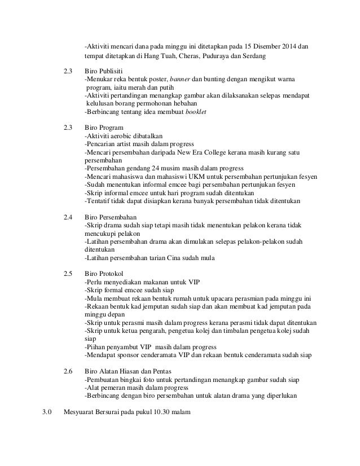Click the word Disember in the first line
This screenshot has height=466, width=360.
[x=267, y=46]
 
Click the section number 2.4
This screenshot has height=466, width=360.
[x=68, y=216]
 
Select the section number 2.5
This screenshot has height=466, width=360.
[x=68, y=274]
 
